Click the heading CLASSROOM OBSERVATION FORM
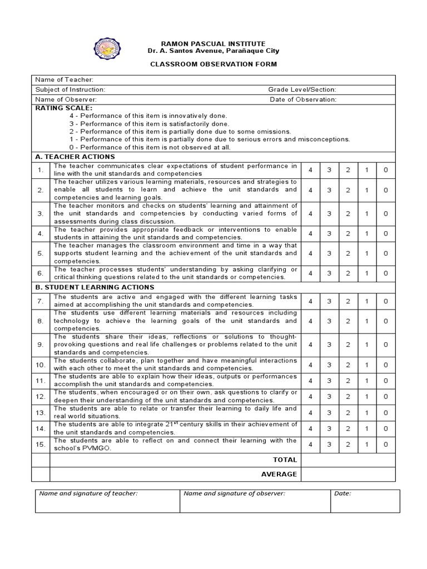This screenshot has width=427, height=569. (213, 64)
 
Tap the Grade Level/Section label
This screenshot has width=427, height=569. (302, 89)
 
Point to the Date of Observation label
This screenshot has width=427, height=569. (303, 99)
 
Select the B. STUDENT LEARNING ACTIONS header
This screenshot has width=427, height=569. (95, 287)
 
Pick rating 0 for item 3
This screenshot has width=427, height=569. (386, 213)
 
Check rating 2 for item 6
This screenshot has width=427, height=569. (348, 273)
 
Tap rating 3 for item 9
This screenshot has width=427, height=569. (329, 345)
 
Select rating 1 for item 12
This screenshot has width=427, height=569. (367, 396)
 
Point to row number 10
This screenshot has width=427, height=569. (41, 365)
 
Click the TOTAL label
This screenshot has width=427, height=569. (285, 460)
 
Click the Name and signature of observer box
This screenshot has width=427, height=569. (255, 501)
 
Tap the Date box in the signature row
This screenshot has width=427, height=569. (365, 501)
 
